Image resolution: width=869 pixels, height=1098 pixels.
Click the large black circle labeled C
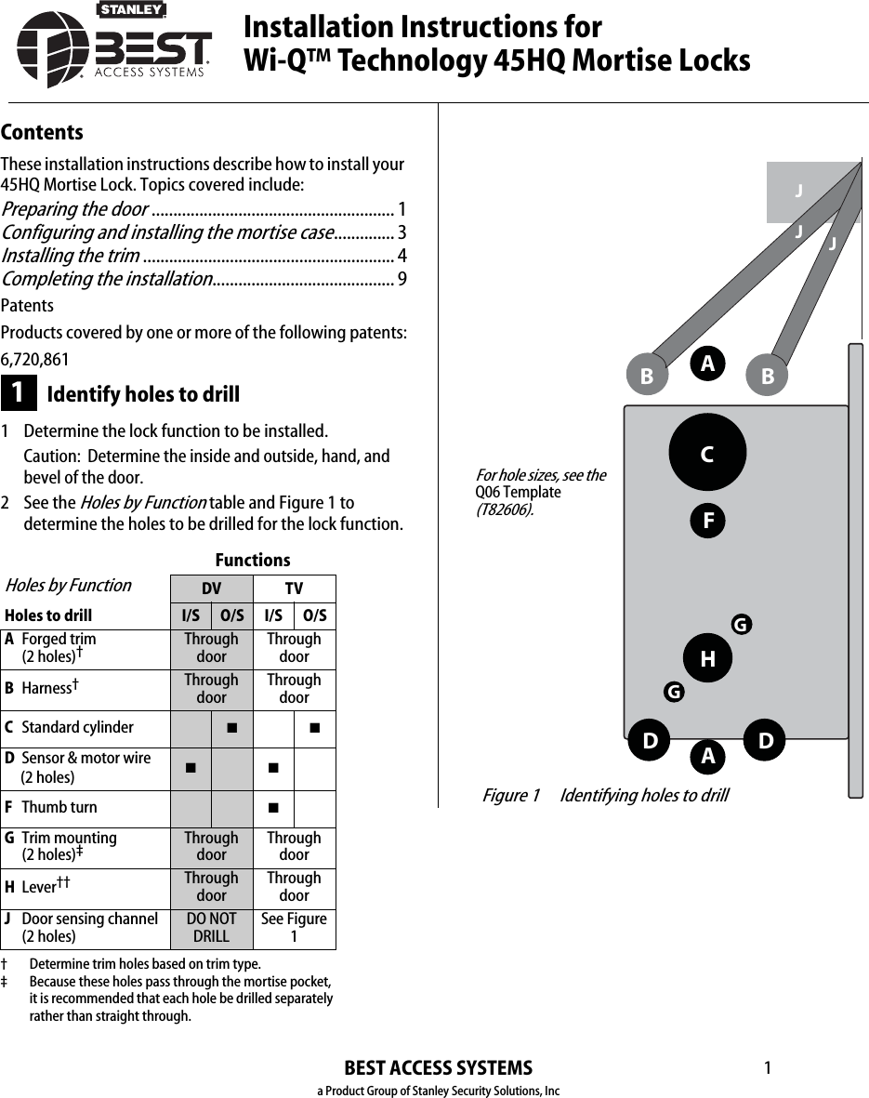[707, 453]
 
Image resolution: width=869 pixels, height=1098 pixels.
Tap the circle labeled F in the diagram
[707, 520]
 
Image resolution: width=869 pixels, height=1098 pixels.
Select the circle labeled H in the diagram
[707, 658]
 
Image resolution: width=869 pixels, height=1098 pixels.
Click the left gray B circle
[646, 377]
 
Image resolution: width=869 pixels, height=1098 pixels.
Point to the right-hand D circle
[766, 741]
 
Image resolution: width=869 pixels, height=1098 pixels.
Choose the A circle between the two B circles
[707, 364]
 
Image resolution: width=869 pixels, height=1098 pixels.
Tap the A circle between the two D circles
[707, 757]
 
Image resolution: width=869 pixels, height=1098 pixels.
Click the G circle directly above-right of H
[740, 625]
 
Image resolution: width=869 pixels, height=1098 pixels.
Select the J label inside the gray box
[797, 192]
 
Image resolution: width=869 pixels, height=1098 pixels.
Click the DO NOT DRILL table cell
[211, 928]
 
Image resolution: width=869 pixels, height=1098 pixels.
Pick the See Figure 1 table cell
[294, 928]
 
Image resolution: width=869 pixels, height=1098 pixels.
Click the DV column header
[211, 589]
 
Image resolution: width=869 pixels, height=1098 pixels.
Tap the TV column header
[294, 589]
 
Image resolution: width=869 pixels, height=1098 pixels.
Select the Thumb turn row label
[59, 807]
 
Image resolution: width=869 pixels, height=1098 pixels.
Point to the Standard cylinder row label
[77, 727]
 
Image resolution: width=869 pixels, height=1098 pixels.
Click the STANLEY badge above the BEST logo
[131, 10]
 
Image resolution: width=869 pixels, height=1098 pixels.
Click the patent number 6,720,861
[34, 360]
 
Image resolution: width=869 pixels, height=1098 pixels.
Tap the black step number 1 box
[19, 393]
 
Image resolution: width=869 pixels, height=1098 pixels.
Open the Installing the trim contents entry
[72, 256]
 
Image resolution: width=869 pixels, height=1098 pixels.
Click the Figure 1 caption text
[605, 796]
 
